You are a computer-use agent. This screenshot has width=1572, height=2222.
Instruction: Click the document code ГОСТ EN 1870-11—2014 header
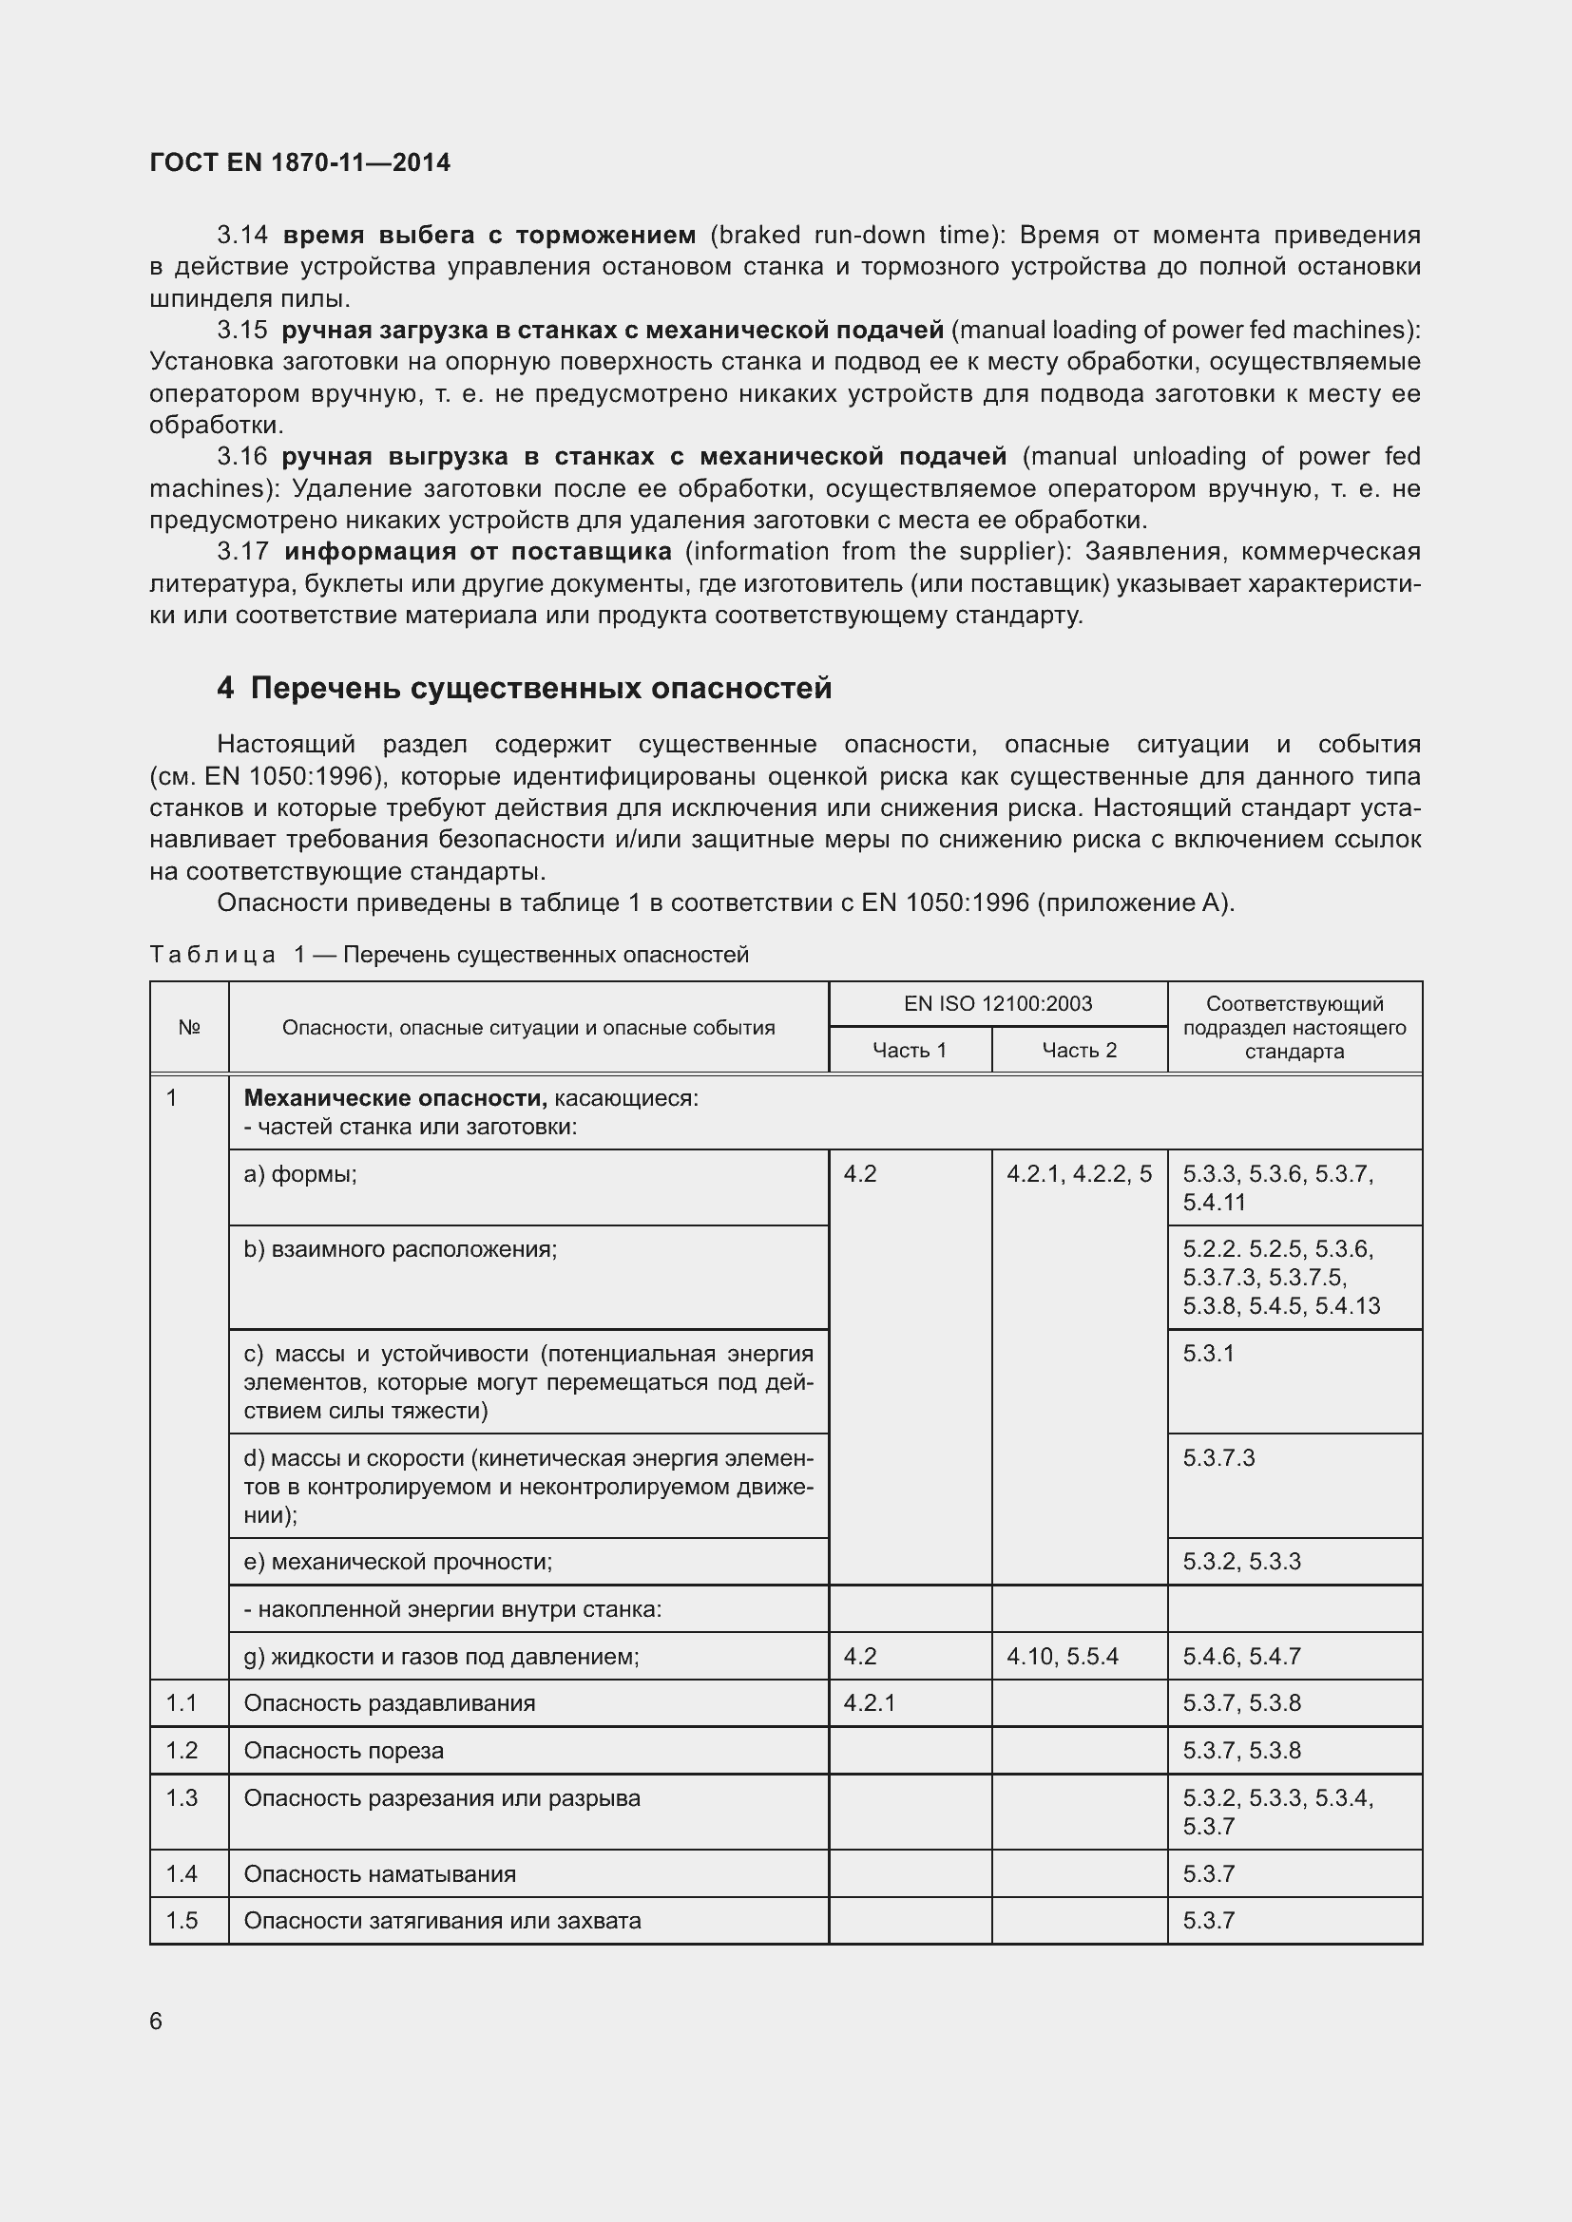(300, 162)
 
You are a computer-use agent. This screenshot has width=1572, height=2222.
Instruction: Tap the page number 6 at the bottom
(156, 2021)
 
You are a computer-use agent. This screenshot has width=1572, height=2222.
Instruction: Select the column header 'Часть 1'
(909, 1050)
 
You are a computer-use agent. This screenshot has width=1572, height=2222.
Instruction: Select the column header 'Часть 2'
(1079, 1050)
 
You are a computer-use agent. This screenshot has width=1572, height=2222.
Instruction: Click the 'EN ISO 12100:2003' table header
(997, 1003)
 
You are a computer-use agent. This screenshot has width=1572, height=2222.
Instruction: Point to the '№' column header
(189, 1028)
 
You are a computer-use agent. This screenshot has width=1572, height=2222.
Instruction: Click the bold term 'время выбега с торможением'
(489, 236)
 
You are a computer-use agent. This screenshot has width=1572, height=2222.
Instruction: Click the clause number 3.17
(242, 552)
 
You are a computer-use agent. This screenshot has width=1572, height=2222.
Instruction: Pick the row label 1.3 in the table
(182, 1798)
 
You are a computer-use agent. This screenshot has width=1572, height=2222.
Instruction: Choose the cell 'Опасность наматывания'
(379, 1873)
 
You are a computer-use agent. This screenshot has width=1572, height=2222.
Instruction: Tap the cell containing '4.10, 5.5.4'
(1062, 1656)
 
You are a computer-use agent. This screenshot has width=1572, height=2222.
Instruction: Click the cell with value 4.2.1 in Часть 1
(870, 1702)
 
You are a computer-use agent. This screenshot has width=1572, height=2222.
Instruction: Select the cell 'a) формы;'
(300, 1174)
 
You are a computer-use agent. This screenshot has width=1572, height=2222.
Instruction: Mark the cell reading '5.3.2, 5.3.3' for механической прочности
(1241, 1561)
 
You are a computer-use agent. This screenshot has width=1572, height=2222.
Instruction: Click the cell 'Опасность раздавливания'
(389, 1702)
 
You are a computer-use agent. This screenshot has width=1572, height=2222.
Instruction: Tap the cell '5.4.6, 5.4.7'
(1241, 1656)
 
